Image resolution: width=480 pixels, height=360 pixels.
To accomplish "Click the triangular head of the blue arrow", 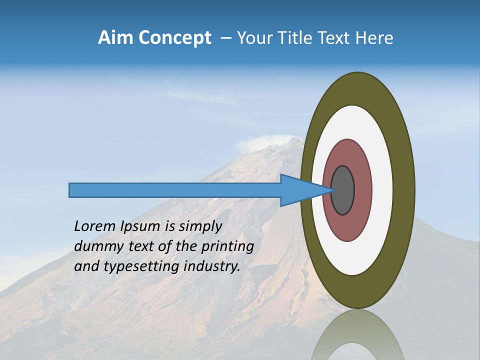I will pyautogui.click(x=300, y=190).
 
